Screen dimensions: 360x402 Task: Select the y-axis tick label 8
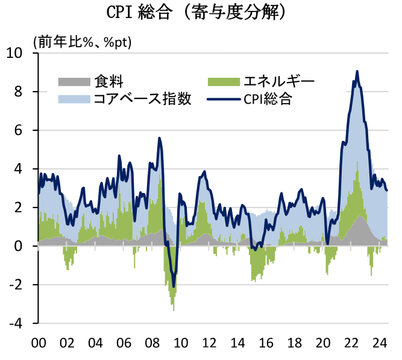(26, 92)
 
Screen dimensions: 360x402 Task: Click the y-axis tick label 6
(26, 130)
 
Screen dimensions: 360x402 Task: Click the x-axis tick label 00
(39, 344)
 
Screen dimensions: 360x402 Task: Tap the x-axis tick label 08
(152, 344)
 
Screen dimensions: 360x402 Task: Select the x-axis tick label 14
(237, 344)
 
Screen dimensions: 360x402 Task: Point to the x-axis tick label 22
(351, 344)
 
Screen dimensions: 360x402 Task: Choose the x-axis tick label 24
(380, 344)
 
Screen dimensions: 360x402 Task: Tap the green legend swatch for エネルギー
(223, 81)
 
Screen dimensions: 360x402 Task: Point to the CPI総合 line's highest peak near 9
(357, 71)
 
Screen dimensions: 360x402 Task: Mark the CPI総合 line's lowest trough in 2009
(174, 286)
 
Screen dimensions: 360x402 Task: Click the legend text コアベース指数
(142, 99)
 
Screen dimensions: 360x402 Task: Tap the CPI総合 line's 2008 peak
(159, 138)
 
